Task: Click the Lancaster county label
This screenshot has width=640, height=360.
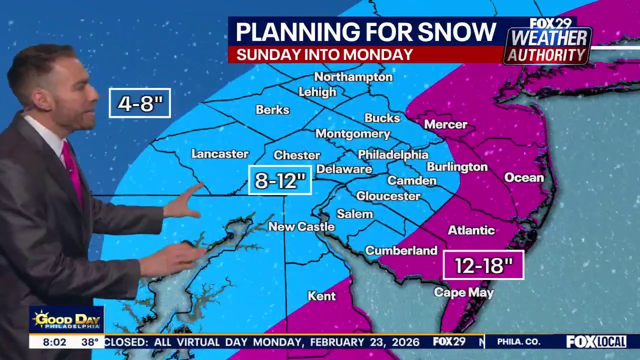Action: pyautogui.click(x=220, y=154)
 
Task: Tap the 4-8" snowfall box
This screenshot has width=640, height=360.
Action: pyautogui.click(x=140, y=103)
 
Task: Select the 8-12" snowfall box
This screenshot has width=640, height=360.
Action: pyautogui.click(x=280, y=180)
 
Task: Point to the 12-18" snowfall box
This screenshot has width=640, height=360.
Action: pyautogui.click(x=483, y=265)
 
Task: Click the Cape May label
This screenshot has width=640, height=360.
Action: pyautogui.click(x=463, y=292)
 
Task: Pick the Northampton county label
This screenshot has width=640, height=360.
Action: pyautogui.click(x=353, y=77)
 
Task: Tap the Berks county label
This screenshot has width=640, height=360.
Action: pyautogui.click(x=272, y=109)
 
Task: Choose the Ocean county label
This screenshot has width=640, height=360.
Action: pyautogui.click(x=523, y=177)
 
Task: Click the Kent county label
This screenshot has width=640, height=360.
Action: pyautogui.click(x=321, y=296)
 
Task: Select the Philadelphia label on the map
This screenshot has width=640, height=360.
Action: pyautogui.click(x=393, y=154)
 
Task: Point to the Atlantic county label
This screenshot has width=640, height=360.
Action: pyautogui.click(x=471, y=230)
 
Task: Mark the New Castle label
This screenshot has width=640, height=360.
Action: pyautogui.click(x=301, y=226)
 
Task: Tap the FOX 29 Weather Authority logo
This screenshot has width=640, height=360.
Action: pyautogui.click(x=547, y=42)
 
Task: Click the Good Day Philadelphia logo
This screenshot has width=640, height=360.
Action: pyautogui.click(x=66, y=320)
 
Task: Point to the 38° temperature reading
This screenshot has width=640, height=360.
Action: pyautogui.click(x=90, y=342)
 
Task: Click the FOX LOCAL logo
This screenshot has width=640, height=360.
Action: pyautogui.click(x=596, y=342)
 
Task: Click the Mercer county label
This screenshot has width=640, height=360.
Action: pyautogui.click(x=445, y=124)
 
